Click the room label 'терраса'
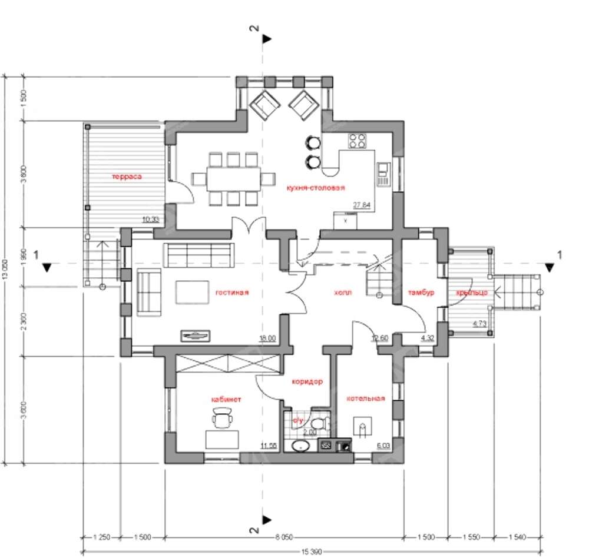[128, 176]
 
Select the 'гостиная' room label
[232, 292]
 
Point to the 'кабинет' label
[226, 399]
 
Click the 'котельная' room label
[365, 398]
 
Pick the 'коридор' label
[307, 381]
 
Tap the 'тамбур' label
[421, 292]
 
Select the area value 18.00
[267, 338]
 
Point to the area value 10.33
[151, 220]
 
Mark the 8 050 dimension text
[284, 537]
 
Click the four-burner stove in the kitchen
[358, 140]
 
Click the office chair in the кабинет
[222, 419]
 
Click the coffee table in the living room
[192, 291]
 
